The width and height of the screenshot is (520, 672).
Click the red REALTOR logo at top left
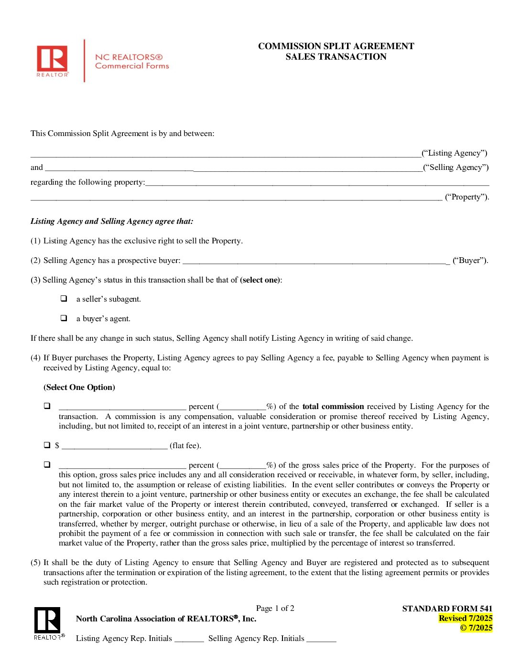click(x=52, y=60)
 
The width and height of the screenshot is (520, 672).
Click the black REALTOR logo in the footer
click(x=47, y=622)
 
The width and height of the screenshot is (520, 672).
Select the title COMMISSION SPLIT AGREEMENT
click(x=336, y=46)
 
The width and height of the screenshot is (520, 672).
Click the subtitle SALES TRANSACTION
click(x=336, y=57)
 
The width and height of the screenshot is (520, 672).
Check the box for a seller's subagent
click(x=64, y=298)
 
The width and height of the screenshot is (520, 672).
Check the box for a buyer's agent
click(x=64, y=318)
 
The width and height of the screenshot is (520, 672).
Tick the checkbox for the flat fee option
click(x=47, y=445)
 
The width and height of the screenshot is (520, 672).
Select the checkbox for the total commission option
click(x=47, y=406)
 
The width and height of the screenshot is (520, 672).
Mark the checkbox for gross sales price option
click(x=47, y=464)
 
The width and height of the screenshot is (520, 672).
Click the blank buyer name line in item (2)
click(x=315, y=261)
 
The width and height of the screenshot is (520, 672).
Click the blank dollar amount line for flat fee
click(x=114, y=446)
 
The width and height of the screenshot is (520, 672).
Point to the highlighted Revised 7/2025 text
click(x=465, y=618)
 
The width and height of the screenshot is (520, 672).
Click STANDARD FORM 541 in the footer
click(x=447, y=609)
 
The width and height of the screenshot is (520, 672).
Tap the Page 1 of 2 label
click(x=275, y=608)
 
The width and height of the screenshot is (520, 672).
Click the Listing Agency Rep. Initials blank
click(x=189, y=639)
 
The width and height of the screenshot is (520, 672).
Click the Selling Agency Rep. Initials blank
click(x=321, y=639)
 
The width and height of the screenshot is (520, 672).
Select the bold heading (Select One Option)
click(x=79, y=387)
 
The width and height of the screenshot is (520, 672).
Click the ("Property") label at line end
click(x=466, y=197)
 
